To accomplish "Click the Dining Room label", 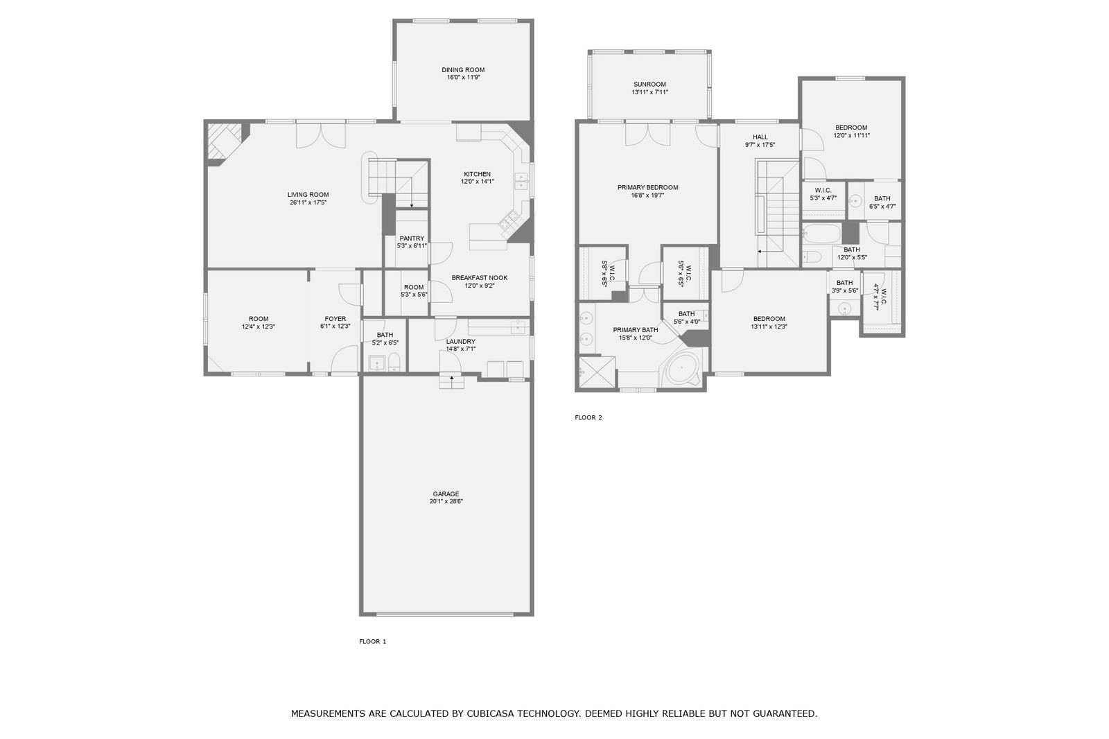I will [463, 69].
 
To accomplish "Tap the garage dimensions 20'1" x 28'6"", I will [446, 501].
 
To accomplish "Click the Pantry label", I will [412, 238].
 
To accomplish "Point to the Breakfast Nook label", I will [479, 277].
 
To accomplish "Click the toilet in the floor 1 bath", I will [394, 362].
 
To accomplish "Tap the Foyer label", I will [335, 319].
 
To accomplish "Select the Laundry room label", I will [460, 341].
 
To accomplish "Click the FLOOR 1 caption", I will [372, 641].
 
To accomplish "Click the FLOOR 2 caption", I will [588, 417].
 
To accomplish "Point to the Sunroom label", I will [649, 85].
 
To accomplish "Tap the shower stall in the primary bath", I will [597, 372].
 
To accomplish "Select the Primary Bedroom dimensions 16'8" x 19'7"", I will [647, 195].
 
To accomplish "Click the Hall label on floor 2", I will [760, 137].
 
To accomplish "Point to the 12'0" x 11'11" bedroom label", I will [851, 128].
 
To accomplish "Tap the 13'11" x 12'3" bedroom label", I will [769, 319].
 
